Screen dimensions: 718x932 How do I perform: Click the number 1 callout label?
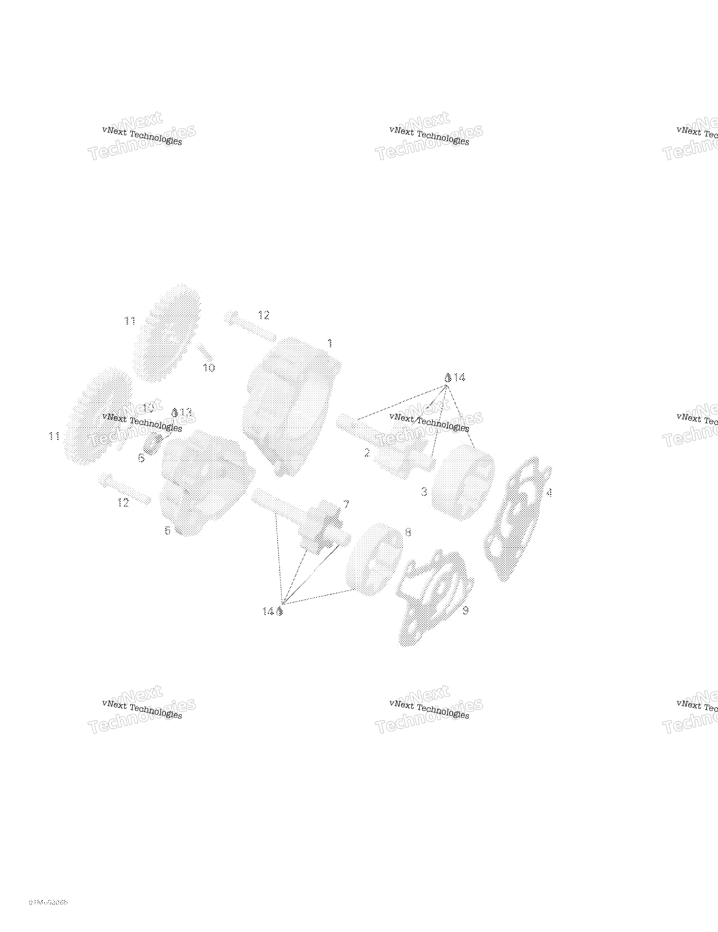(330, 343)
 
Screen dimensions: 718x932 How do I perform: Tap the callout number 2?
(367, 453)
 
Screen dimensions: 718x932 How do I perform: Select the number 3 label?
(424, 492)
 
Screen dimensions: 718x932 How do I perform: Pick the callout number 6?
(141, 458)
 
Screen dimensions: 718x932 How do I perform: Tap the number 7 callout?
(346, 505)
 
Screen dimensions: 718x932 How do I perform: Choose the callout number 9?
(465, 610)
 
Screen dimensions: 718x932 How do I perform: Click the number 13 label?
(186, 412)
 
